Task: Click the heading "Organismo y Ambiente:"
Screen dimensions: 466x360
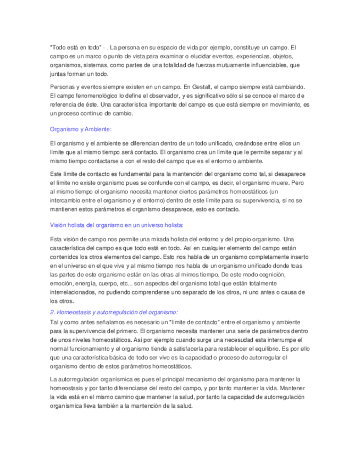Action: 80,129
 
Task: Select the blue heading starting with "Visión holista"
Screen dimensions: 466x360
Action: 117,225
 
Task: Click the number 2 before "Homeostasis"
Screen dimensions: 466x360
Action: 52,312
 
